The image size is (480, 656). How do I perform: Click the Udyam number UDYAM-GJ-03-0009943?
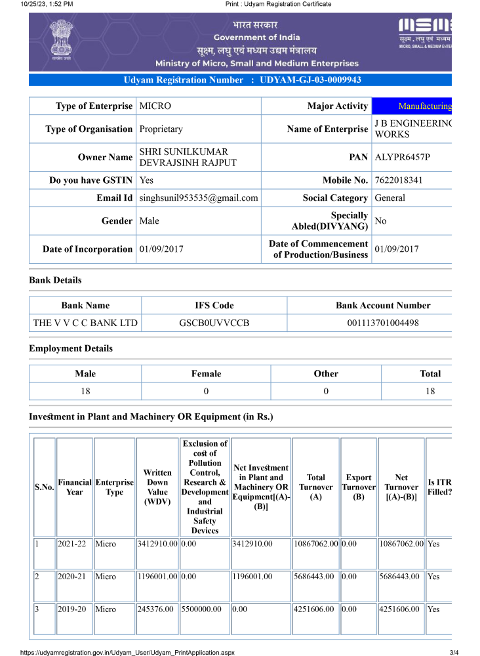311,80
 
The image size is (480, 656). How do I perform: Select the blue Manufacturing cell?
412,106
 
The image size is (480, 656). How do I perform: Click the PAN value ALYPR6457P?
403,157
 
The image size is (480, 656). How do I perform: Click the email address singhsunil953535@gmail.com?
199,198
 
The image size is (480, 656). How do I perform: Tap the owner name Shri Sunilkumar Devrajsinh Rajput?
188,157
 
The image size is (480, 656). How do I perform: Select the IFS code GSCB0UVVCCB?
214,323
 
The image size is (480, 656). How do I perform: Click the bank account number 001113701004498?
383,323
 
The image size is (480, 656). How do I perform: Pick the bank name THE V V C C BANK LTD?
86,323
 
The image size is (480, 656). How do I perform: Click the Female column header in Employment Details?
206,374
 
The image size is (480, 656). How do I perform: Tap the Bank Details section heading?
55,280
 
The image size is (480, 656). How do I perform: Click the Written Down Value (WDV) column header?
157,487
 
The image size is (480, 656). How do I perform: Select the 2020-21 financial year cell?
75,577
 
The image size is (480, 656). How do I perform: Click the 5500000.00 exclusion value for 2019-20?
205,609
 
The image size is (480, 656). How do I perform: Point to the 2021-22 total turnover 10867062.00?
315,544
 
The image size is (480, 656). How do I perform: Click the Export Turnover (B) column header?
359,487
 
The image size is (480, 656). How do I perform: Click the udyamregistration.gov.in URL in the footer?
127,652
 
